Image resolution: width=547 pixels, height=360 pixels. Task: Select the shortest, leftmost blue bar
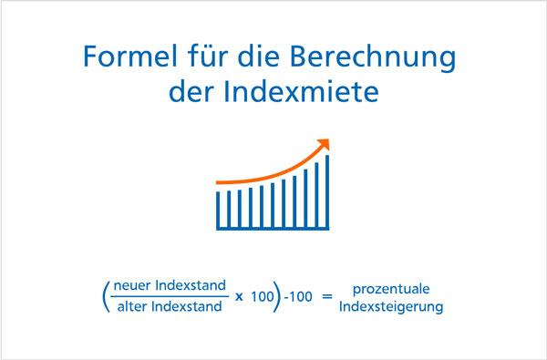click(218, 209)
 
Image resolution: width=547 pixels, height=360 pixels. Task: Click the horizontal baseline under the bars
click(273, 228)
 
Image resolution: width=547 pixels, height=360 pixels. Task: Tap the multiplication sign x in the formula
click(238, 298)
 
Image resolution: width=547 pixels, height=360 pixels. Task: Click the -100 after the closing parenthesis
click(295, 298)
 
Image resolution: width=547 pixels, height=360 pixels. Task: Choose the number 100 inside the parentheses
click(259, 298)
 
